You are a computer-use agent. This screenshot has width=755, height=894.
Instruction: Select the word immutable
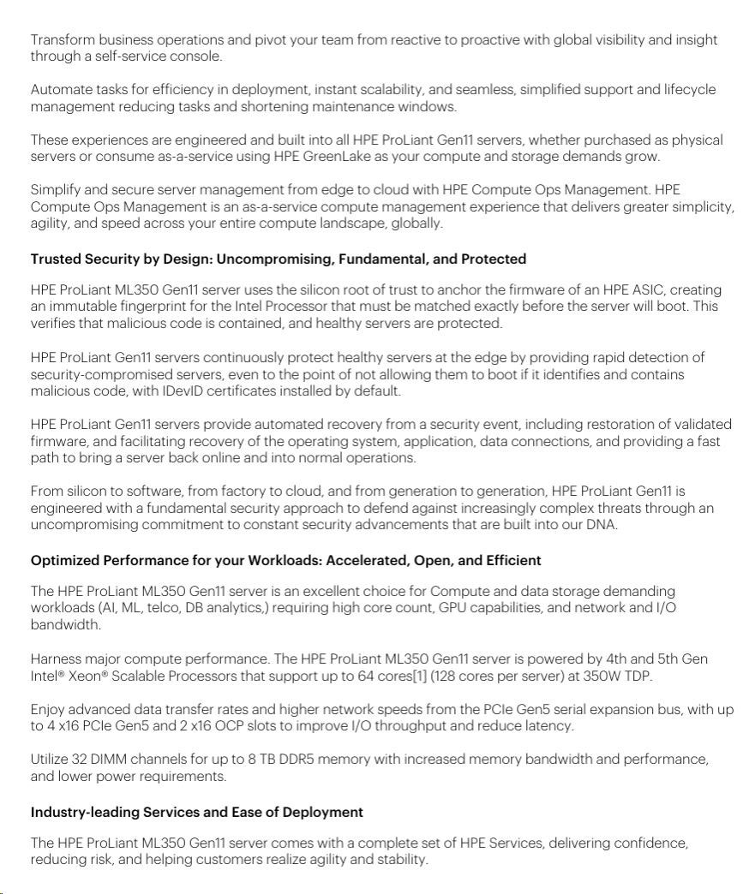(x=81, y=307)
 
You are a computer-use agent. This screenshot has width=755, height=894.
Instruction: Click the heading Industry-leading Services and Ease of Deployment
(x=197, y=812)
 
